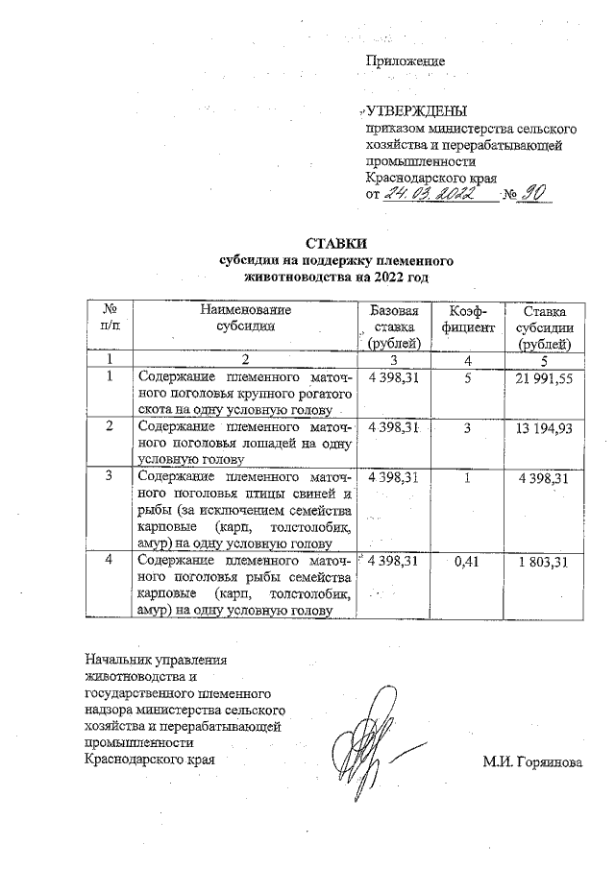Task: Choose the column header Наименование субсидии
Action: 245,318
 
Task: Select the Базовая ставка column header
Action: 394,327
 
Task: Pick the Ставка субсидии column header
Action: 544,327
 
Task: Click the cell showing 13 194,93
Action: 544,426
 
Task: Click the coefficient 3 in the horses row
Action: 466,426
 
